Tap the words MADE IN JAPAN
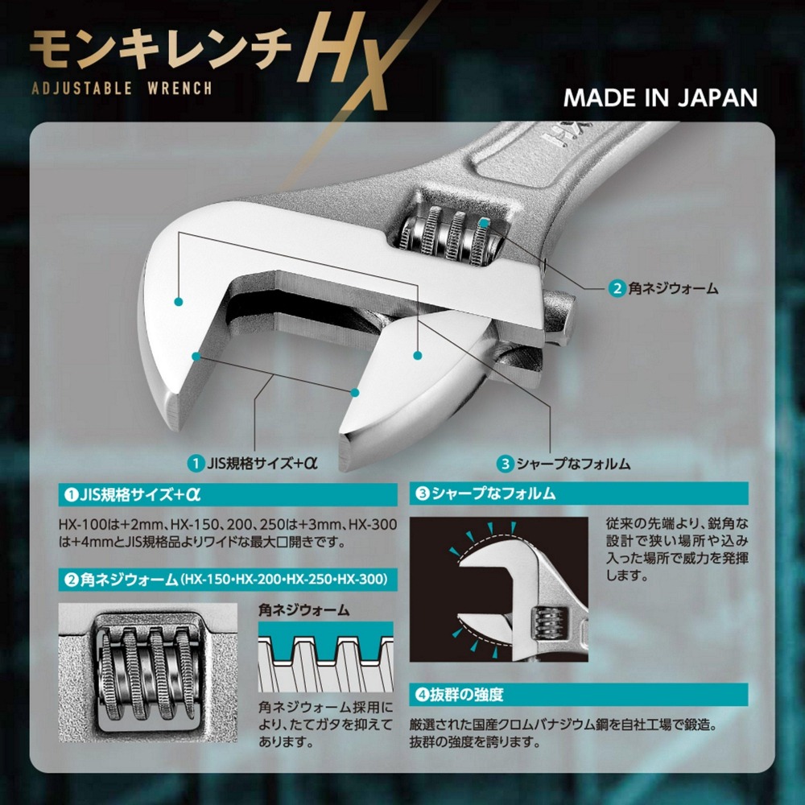click(x=660, y=97)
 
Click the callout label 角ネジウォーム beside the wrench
click(x=672, y=287)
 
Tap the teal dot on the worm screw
click(x=483, y=224)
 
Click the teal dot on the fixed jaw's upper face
click(x=178, y=302)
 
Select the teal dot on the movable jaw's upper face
click(x=417, y=354)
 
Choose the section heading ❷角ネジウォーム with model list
click(x=225, y=579)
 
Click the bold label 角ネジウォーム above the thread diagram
click(x=304, y=609)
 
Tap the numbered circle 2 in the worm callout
click(x=616, y=287)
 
